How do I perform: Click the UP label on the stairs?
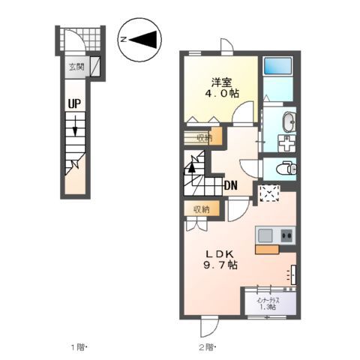click(75, 106)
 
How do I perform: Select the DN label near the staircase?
click(232, 185)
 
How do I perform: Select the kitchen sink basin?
click(266, 235)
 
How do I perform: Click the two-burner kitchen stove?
click(286, 235)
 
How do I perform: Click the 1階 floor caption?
click(79, 347)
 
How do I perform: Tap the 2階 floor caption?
click(206, 347)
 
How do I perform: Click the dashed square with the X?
click(268, 194)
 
